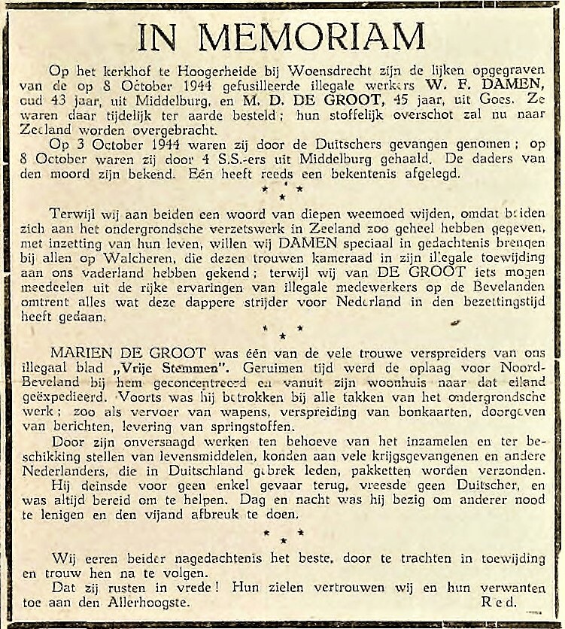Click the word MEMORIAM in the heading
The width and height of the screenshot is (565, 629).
coord(340,36)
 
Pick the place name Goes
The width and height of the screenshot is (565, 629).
coord(495,100)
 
